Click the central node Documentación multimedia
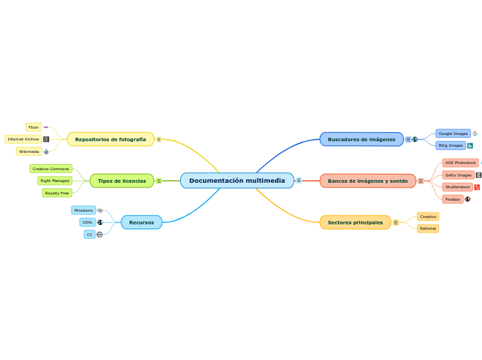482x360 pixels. (237, 181)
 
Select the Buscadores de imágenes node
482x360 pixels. (361, 139)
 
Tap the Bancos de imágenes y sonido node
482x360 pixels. (367, 181)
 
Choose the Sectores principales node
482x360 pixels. (355, 222)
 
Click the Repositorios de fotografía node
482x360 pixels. (110, 139)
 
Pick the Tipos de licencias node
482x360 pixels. (121, 181)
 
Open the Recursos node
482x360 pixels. (141, 222)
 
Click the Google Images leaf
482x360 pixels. (453, 133)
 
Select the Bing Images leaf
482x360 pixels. (450, 145)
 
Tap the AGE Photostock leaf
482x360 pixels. (460, 163)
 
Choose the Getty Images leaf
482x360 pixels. (458, 175)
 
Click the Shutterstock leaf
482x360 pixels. (457, 187)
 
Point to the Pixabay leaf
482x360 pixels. (452, 199)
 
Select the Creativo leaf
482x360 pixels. (427, 217)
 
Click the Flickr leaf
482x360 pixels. (33, 127)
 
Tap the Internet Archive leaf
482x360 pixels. (24, 139)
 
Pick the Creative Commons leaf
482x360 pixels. (51, 169)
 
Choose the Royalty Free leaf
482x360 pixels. (57, 193)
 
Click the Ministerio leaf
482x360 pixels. (83, 210)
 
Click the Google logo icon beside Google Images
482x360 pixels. (475, 133)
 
